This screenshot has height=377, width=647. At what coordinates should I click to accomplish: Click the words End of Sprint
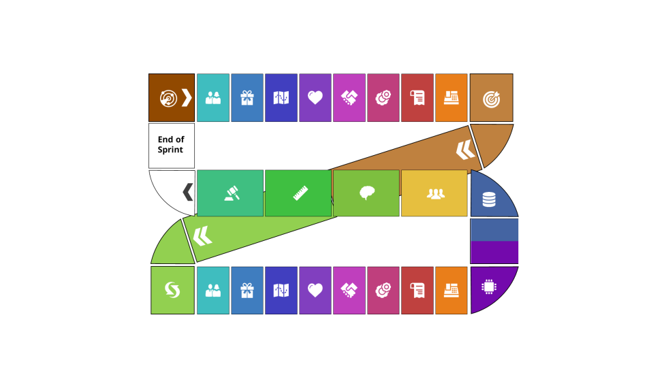171,145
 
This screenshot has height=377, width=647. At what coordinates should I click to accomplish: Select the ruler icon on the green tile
300,194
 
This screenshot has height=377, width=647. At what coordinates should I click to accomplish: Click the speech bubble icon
367,193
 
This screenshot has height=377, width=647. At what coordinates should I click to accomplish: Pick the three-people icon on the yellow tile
436,194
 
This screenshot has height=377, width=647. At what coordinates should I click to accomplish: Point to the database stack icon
489,199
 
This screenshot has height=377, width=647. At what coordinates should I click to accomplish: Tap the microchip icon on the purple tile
488,287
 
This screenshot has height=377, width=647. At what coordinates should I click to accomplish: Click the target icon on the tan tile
491,99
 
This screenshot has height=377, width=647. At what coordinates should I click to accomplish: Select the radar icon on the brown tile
168,99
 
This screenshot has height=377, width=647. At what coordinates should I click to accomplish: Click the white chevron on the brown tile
186,98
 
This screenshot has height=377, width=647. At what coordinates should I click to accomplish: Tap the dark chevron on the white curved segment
187,193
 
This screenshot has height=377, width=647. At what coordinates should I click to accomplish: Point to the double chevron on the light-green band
202,236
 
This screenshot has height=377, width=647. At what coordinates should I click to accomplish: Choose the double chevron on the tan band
465,149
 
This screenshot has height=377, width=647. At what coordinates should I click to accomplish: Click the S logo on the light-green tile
172,290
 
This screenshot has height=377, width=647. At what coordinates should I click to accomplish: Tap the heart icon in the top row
315,98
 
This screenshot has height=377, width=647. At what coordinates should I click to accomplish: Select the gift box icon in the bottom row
247,291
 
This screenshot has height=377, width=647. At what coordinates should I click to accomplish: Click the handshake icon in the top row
349,98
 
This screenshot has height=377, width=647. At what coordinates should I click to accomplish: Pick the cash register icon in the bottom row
451,291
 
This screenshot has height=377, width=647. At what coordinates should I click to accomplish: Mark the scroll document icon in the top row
417,98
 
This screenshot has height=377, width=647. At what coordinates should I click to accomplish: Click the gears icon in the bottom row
383,291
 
